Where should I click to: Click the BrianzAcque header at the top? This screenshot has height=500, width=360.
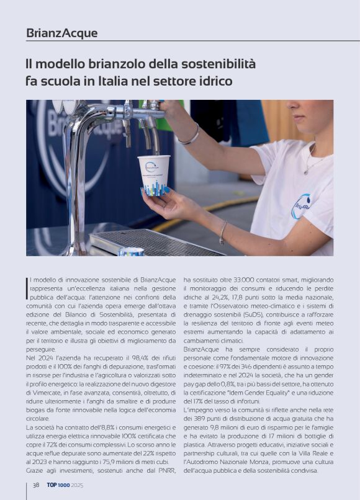pos(62,33)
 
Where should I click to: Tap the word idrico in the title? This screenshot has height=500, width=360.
pos(215,81)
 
